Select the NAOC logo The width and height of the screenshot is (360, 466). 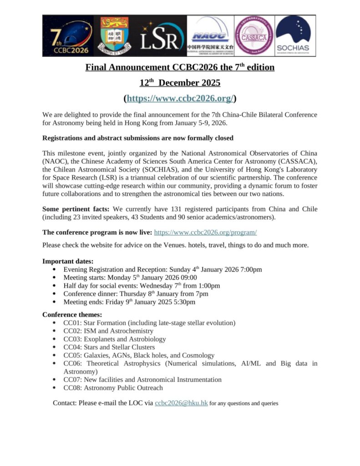tap(209, 35)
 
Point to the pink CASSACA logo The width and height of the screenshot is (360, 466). tap(254, 35)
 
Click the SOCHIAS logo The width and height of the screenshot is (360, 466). tap(294, 35)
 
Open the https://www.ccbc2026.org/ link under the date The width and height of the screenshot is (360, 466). tap(180, 98)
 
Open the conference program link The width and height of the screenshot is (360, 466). tap(205, 232)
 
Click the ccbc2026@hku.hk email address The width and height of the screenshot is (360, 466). tap(181, 403)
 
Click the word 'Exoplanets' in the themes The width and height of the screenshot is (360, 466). tap(99, 339)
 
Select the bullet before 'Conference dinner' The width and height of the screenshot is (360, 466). tap(55, 294)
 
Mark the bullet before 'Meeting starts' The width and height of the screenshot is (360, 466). tap(55, 278)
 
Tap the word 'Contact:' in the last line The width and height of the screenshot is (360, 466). tap(65, 403)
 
